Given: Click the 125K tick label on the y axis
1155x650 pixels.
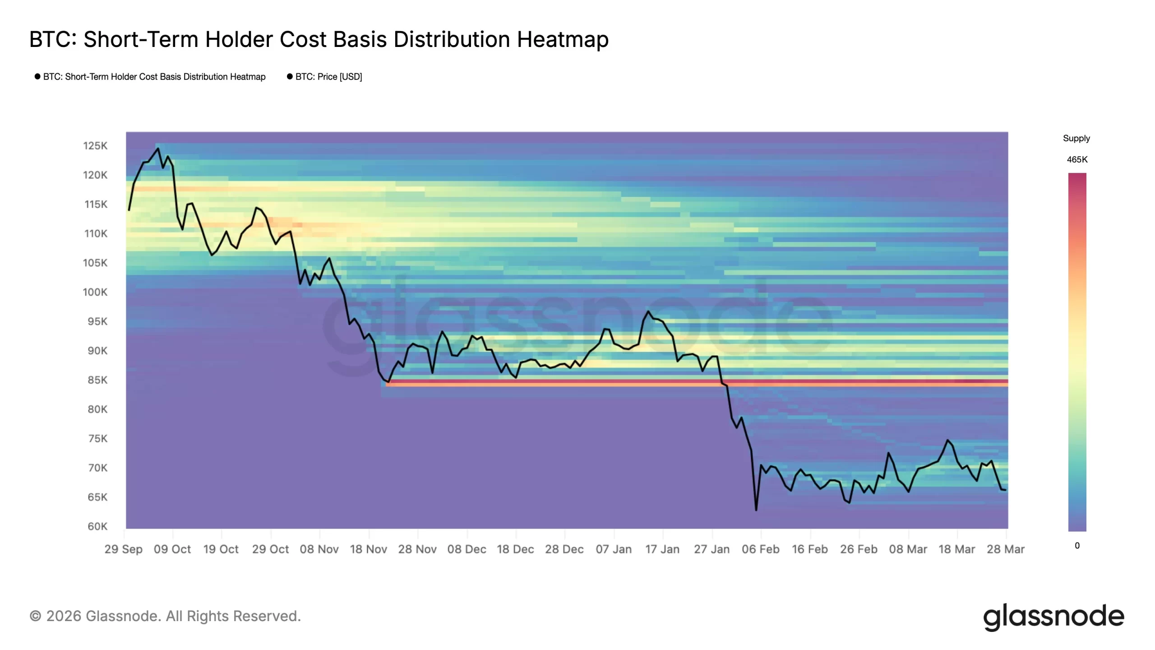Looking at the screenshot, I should click(95, 146).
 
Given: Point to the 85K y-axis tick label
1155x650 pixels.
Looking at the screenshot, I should click(97, 380).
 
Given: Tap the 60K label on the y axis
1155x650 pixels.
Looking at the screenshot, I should click(97, 526).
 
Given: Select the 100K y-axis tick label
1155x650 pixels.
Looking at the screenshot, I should click(95, 292).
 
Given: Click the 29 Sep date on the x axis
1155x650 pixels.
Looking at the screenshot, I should click(123, 549).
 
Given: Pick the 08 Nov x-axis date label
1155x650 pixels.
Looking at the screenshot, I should click(319, 549).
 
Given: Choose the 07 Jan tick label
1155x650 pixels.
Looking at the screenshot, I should click(614, 549).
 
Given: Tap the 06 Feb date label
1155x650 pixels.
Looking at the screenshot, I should click(761, 549).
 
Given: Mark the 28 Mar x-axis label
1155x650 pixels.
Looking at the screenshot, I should click(1006, 549).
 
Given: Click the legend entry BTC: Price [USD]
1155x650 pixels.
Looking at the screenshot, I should click(328, 77).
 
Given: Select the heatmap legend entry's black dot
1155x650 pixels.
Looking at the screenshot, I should click(37, 77).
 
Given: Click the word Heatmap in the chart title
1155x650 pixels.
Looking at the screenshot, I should click(563, 39).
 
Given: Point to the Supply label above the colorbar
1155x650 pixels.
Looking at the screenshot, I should click(1076, 139).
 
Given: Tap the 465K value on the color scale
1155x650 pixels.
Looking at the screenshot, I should click(1077, 160).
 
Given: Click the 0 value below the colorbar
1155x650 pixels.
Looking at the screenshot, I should click(1077, 546).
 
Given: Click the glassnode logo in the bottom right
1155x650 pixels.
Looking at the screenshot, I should click(1053, 617).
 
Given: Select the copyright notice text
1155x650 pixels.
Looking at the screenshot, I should click(165, 616).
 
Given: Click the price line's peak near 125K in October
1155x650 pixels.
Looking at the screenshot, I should click(157, 149).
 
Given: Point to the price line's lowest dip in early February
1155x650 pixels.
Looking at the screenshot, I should click(756, 510).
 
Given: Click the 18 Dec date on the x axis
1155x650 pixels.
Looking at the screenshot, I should click(515, 549).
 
